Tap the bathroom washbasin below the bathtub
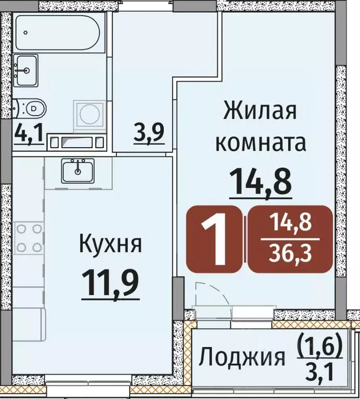pyautogui.click(x=25, y=70)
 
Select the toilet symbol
pyautogui.click(x=31, y=109)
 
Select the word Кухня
pyautogui.click(x=110, y=243)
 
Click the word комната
pyautogui.click(x=260, y=142)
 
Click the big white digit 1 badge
pyautogui.click(x=215, y=240)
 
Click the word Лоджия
pyautogui.click(x=243, y=358)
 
